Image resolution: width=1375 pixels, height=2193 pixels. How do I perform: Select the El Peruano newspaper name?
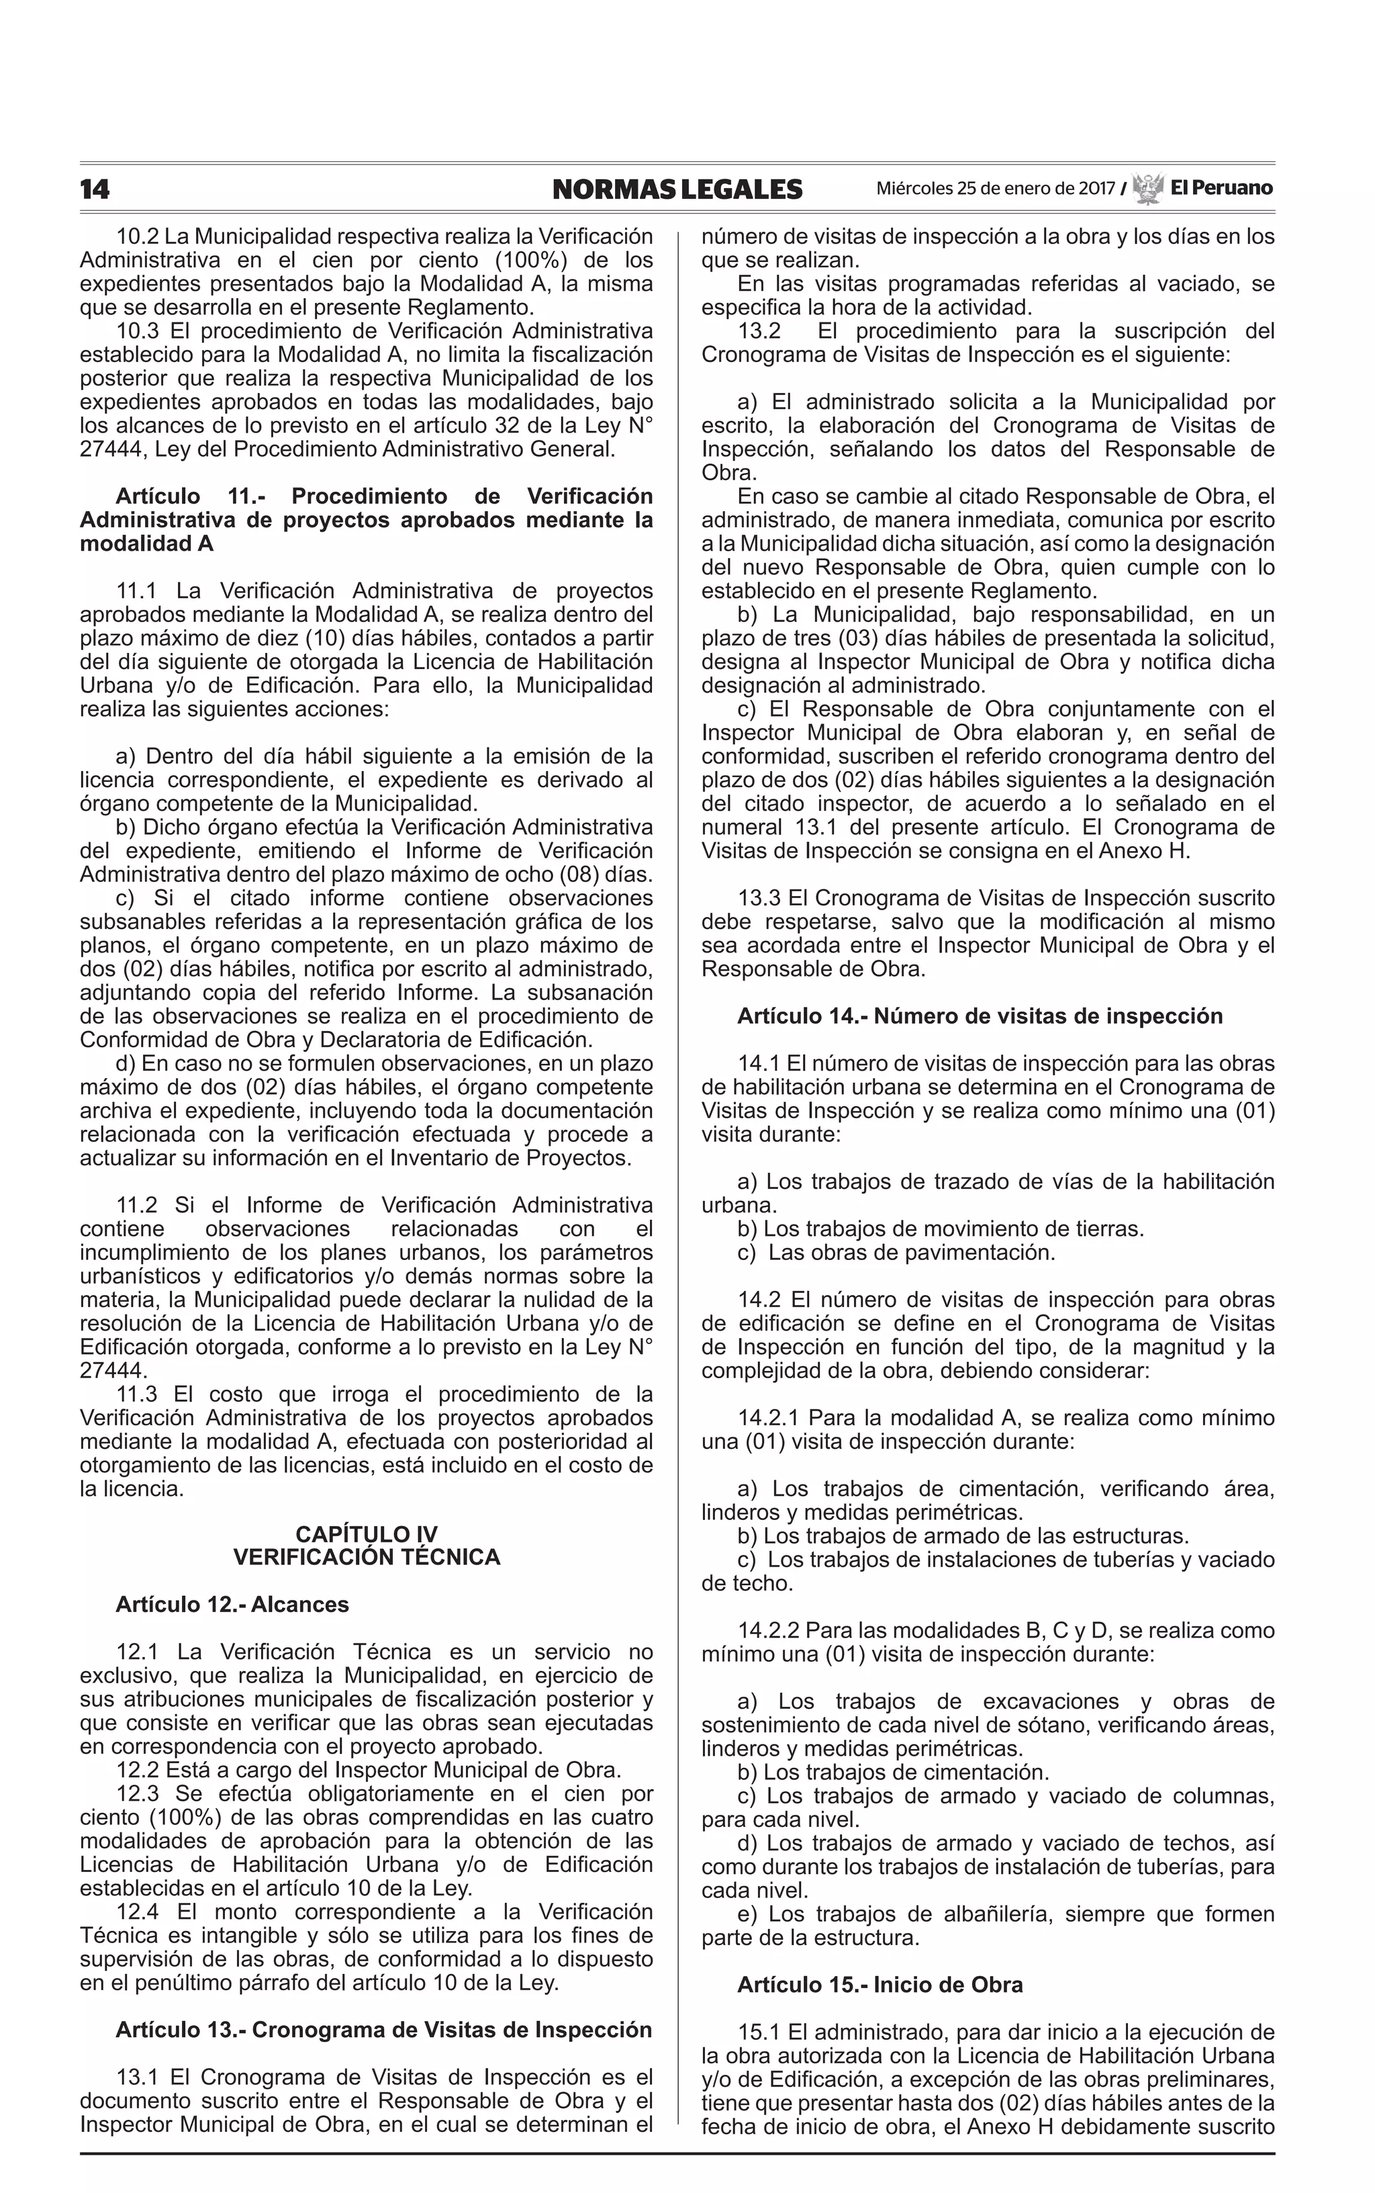[x=1221, y=188]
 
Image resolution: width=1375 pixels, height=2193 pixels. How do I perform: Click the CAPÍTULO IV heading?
[x=367, y=1536]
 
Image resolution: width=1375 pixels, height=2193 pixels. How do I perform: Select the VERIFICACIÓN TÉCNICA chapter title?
[x=367, y=1558]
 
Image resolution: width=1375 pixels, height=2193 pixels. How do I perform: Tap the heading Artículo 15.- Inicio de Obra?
[x=880, y=1985]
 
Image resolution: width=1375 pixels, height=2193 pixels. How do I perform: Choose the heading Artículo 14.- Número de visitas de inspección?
[x=980, y=1016]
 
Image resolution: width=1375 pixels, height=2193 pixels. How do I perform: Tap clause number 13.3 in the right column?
[x=759, y=899]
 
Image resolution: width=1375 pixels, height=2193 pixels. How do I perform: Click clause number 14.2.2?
[x=767, y=1631]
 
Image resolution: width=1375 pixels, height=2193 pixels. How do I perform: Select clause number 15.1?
[x=759, y=2032]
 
